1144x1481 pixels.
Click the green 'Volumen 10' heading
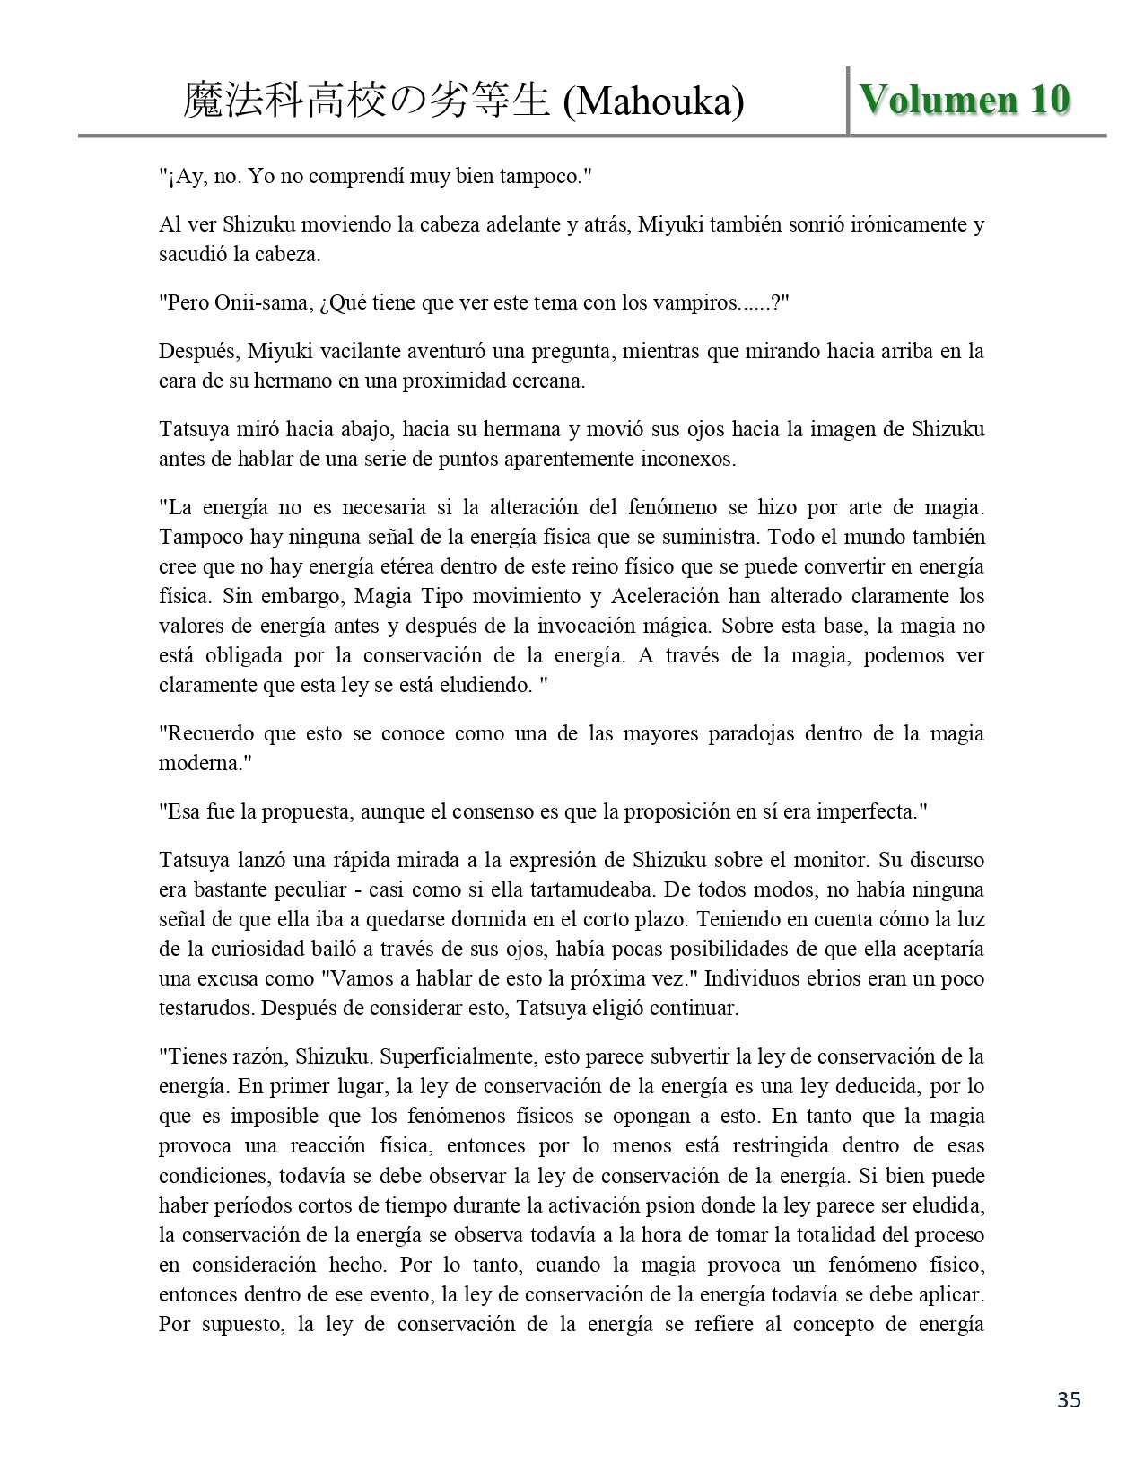(965, 100)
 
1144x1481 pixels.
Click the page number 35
(1069, 1399)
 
